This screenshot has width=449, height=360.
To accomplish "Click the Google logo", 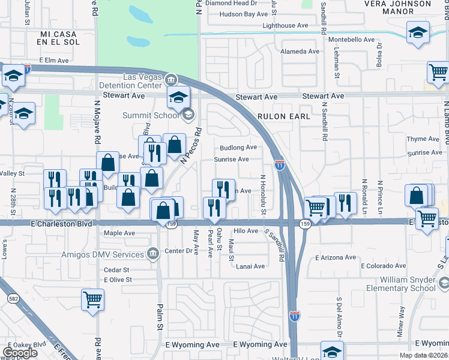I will tap(20, 353).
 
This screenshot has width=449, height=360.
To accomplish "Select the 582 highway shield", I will tap(12, 298).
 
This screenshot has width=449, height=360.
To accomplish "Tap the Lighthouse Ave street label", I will tap(285, 25).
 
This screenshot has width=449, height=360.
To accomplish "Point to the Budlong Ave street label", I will tap(238, 147).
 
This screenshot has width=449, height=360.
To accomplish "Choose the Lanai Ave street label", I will tap(250, 266).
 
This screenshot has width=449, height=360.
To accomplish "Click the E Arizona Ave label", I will tap(335, 257).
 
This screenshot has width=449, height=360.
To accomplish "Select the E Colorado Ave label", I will tap(383, 266).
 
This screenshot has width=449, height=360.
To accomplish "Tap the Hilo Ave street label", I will tap(246, 230).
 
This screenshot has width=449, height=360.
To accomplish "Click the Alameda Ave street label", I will tap(303, 52).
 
